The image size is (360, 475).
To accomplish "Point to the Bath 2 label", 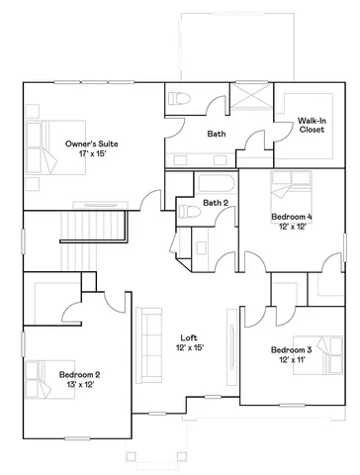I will point(216,203).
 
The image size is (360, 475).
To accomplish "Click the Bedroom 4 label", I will point(292,216).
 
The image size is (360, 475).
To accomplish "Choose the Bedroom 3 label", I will point(292,350).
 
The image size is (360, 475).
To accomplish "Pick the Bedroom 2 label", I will point(79,374).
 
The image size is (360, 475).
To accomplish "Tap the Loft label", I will point(188,337).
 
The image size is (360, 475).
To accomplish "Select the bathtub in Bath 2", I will point(214,184).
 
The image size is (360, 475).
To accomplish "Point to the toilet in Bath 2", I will point(185,210).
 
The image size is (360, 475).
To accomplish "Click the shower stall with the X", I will point(249,104).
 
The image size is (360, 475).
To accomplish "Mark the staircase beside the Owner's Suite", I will point(95,230).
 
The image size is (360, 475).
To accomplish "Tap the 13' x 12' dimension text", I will point(79,385).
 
